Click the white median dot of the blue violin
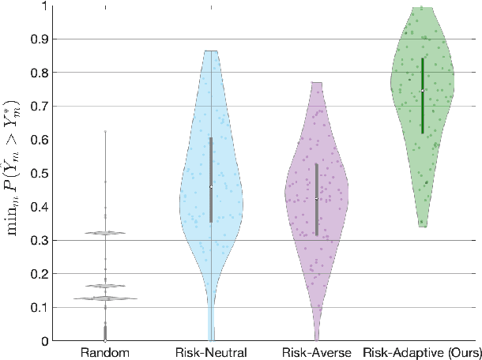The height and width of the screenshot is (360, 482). pyautogui.click(x=211, y=186)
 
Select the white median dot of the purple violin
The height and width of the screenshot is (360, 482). pyautogui.click(x=317, y=198)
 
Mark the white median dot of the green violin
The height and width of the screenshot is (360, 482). pyautogui.click(x=423, y=90)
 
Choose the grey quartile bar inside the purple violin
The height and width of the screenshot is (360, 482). pyautogui.click(x=317, y=221)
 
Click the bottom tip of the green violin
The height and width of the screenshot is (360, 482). pyautogui.click(x=424, y=227)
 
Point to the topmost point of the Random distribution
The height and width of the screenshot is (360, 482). pyautogui.click(x=105, y=131)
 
